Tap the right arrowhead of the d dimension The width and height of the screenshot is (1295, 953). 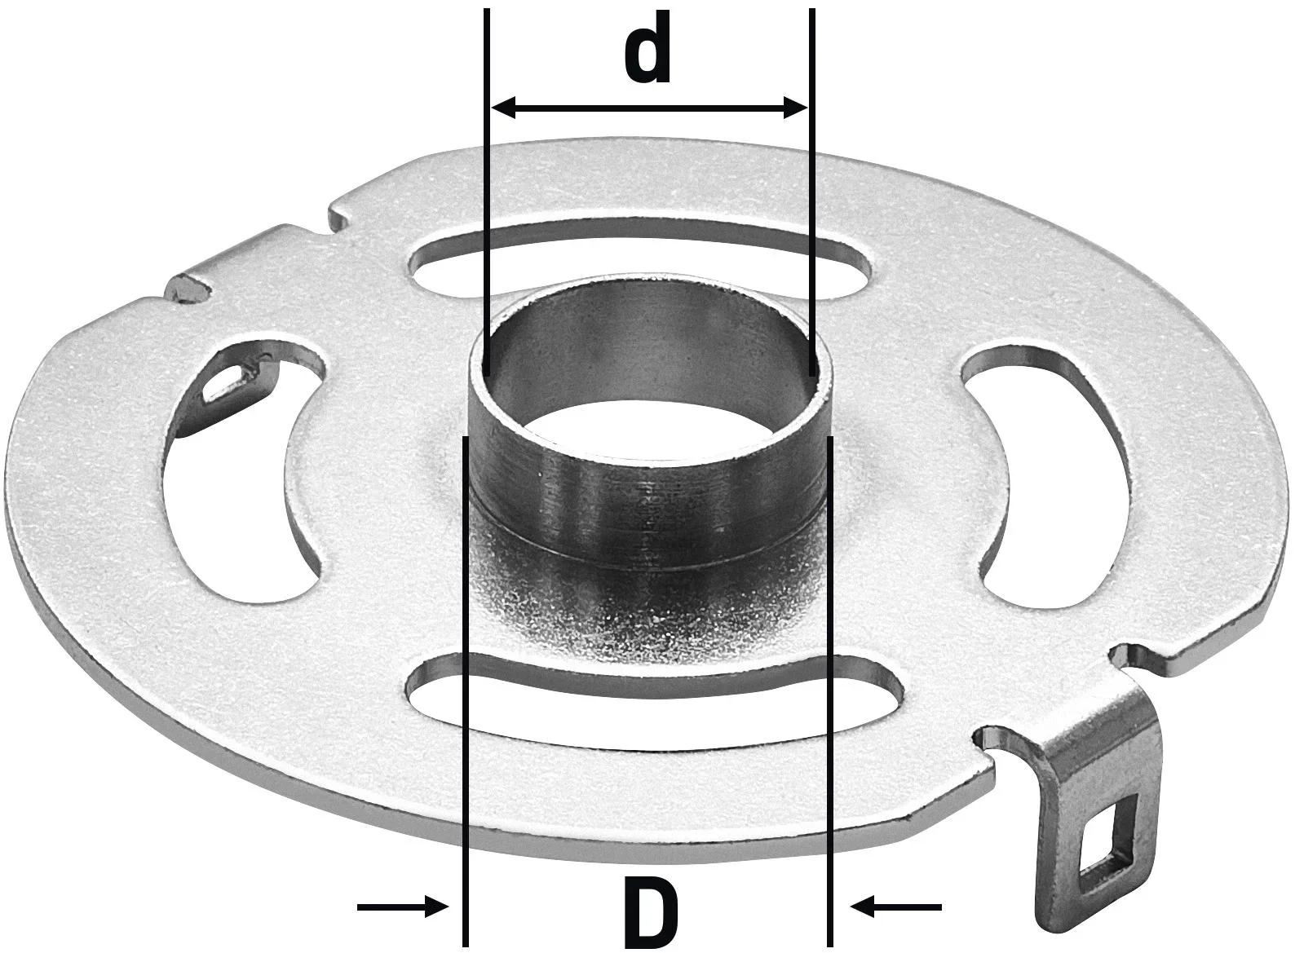coord(795,108)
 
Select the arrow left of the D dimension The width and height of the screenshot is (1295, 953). coord(404,905)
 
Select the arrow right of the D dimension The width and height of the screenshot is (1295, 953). coord(897,905)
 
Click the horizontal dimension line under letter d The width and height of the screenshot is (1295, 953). coord(647,108)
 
